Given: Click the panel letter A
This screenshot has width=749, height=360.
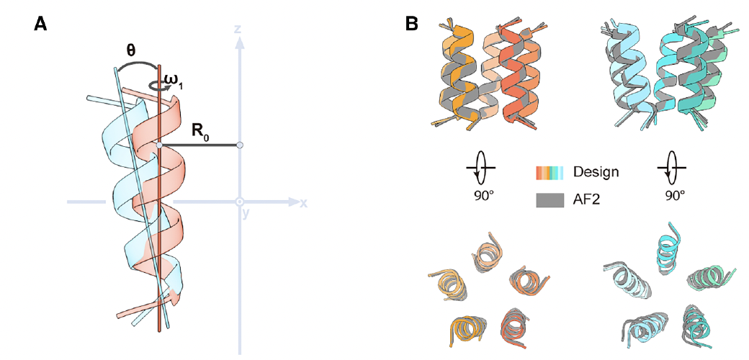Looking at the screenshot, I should pyautogui.click(x=41, y=24).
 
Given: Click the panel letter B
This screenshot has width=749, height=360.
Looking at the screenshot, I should pyautogui.click(x=412, y=24).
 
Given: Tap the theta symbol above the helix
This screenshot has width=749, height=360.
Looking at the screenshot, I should pyautogui.click(x=132, y=52).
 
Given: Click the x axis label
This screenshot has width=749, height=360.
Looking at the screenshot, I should pyautogui.click(x=305, y=203).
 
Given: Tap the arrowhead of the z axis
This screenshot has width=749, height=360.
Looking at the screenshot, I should pyautogui.click(x=239, y=42).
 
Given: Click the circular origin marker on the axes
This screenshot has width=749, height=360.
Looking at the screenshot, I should pyautogui.click(x=240, y=202).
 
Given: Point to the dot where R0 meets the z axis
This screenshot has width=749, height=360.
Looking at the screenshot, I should pyautogui.click(x=240, y=145).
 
